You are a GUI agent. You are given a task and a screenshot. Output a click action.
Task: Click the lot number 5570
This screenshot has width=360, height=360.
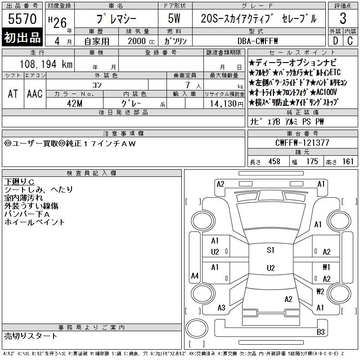[22, 18]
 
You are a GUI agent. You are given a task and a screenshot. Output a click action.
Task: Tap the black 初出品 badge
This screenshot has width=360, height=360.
[22, 37]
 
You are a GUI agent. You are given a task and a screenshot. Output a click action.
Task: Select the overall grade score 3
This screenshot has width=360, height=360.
[343, 18]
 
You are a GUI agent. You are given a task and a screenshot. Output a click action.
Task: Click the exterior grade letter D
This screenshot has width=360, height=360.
[335, 41]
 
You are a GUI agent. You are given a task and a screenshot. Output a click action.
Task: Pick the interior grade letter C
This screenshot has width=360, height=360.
[350, 41]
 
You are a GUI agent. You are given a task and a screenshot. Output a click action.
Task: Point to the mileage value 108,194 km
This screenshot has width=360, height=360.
[46, 64]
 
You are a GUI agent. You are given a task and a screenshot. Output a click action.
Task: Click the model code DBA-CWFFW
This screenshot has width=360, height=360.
[257, 41]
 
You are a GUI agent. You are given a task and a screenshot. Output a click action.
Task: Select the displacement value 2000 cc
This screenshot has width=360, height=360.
[141, 41]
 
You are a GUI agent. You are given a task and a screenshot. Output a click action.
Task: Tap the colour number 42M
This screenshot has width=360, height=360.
[75, 103]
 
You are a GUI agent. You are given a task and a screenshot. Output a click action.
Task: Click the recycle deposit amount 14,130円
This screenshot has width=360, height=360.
[226, 104]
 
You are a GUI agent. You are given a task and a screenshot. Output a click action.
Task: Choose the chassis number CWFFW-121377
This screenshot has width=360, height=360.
[302, 143]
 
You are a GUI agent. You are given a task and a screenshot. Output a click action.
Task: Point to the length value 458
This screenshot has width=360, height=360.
[274, 162]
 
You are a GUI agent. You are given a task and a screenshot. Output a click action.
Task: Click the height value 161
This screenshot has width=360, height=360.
[348, 162]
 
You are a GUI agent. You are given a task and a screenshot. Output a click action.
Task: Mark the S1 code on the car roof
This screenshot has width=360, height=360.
[270, 250]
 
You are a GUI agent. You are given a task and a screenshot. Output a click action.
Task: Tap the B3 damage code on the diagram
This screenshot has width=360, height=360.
[320, 332]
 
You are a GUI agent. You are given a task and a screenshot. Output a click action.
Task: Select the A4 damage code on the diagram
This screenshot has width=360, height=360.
[195, 275]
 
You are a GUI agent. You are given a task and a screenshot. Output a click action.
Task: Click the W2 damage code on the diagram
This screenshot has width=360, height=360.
[320, 292]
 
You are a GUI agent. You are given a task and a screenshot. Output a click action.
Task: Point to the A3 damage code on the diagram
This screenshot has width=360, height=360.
[221, 308]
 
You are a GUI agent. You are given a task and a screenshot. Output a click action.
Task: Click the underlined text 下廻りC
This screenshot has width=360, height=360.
[19, 182]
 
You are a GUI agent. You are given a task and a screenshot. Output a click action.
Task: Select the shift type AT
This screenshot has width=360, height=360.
[13, 94]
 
